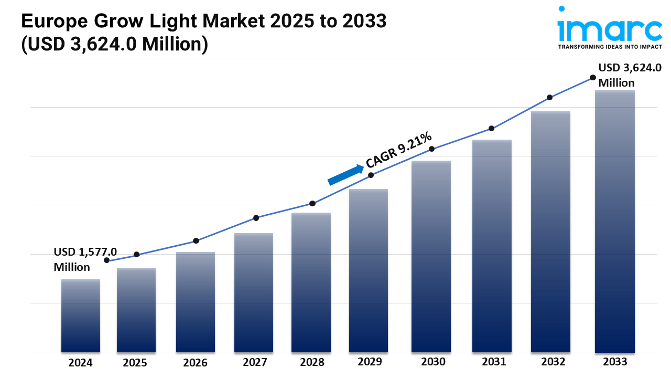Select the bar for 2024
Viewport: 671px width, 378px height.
[81, 316]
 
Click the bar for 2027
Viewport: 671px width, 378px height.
[254, 292]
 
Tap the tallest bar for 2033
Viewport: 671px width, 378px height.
[615, 221]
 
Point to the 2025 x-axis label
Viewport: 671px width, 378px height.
[135, 362]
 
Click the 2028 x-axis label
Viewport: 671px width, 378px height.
[311, 362]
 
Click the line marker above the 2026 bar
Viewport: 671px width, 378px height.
[196, 241]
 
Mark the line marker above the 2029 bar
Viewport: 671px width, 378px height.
[371, 175]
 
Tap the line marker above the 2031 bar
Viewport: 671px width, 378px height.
[491, 129]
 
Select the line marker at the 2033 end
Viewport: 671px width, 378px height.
[593, 77]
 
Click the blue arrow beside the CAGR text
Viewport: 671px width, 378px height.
[346, 175]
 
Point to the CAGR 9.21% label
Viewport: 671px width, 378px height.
[399, 150]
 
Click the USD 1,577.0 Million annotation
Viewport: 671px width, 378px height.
[85, 259]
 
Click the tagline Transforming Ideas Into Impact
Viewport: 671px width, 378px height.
[610, 47]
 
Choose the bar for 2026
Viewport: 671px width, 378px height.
[196, 302]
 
